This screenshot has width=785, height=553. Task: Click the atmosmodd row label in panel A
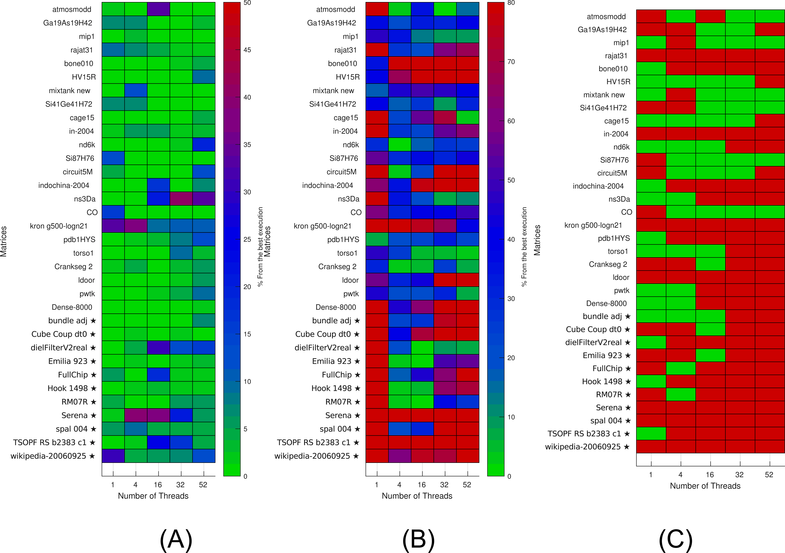[72, 9]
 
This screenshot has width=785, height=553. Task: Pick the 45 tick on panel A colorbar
[247, 50]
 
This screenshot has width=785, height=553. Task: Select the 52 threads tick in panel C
[769, 475]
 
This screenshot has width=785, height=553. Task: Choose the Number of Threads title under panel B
[417, 496]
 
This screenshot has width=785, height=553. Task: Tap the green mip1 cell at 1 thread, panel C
[651, 42]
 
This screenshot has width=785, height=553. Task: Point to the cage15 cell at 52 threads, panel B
[468, 117]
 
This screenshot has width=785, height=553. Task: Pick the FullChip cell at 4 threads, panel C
[681, 368]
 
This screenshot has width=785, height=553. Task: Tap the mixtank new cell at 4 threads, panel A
[136, 90]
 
